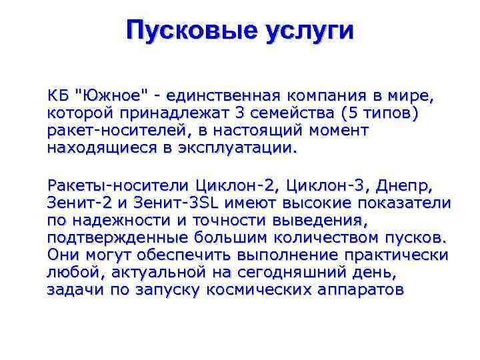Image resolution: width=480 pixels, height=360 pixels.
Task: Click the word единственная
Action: pyautogui.click(x=213, y=96)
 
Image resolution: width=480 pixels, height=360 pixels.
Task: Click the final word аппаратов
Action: pyautogui.click(x=361, y=289)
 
